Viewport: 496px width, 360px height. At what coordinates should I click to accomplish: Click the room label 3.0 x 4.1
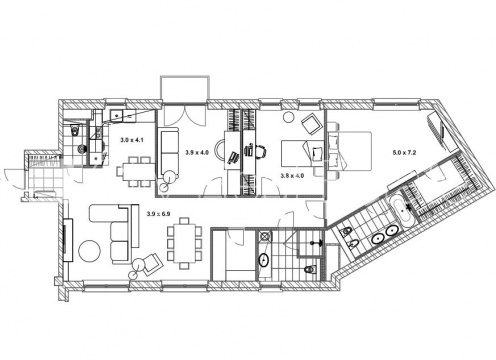pyautogui.click(x=132, y=140)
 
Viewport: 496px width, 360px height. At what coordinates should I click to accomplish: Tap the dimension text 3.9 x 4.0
pyautogui.click(x=197, y=153)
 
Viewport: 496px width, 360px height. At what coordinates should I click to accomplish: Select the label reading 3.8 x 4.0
pyautogui.click(x=292, y=176)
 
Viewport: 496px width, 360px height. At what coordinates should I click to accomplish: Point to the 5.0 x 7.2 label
pyautogui.click(x=404, y=153)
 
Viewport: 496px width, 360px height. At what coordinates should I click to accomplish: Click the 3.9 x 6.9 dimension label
pyautogui.click(x=159, y=214)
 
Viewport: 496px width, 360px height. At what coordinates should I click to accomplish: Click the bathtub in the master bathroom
pyautogui.click(x=402, y=213)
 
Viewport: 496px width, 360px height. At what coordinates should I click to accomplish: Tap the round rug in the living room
pyautogui.click(x=89, y=251)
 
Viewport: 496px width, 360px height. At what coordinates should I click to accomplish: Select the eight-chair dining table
pyautogui.click(x=184, y=243)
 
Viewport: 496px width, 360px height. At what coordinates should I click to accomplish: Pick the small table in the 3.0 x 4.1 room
pyautogui.click(x=136, y=172)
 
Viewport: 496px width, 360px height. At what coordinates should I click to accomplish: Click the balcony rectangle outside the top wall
pyautogui.click(x=185, y=88)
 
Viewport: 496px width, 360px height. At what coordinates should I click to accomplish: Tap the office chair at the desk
pyautogui.click(x=261, y=151)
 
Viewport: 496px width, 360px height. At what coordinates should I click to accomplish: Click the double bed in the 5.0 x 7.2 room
pyautogui.click(x=350, y=151)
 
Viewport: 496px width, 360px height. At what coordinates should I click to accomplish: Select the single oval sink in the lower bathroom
pyautogui.click(x=264, y=260)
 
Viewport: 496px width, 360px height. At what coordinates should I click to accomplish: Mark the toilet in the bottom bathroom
pyautogui.click(x=311, y=269)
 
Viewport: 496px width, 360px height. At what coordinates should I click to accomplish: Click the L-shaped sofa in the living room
pyautogui.click(x=114, y=233)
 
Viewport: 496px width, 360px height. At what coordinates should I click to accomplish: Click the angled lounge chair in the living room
pyautogui.click(x=152, y=262)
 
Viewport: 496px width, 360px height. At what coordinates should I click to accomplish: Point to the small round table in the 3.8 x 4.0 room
pyautogui.click(x=288, y=117)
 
